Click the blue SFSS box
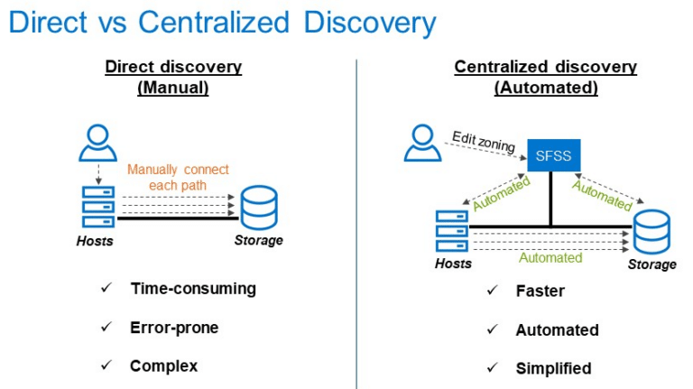[x=554, y=155]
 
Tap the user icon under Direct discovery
[x=97, y=143]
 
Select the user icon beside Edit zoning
[x=422, y=143]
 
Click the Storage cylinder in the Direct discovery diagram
[x=259, y=207]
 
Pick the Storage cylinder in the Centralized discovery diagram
[x=651, y=232]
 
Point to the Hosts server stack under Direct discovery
[x=98, y=207]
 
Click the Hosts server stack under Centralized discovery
[x=452, y=231]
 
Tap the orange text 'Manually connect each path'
[x=178, y=177]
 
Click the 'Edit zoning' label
[x=484, y=142]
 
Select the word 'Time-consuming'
[x=193, y=289]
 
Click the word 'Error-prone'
[x=174, y=328]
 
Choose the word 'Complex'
[x=163, y=366]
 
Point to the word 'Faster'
[x=541, y=291]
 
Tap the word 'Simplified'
[x=553, y=368]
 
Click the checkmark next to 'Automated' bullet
[x=493, y=329]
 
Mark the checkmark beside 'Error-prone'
[x=106, y=327]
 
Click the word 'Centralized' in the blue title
[x=214, y=22]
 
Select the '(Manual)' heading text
[x=173, y=88]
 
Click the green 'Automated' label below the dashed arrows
[x=550, y=258]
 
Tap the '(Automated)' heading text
[x=546, y=88]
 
